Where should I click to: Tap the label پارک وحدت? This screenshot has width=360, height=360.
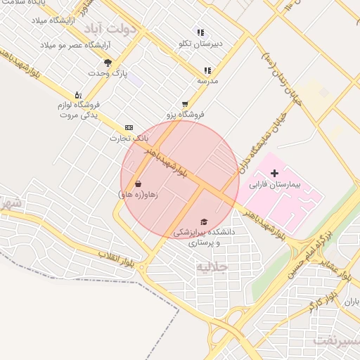pyautogui.click(x=106, y=73)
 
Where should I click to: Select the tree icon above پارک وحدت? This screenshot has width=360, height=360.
pyautogui.click(x=108, y=63)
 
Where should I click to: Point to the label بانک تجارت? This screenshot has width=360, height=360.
pyautogui.click(x=127, y=139)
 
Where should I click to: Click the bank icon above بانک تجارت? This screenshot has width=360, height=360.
pyautogui.click(x=128, y=127)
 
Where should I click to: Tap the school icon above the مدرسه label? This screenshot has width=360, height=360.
pyautogui.click(x=207, y=70)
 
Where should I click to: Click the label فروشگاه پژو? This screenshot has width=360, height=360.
pyautogui.click(x=185, y=114)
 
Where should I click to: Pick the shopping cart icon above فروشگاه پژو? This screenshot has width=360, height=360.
pyautogui.click(x=185, y=103)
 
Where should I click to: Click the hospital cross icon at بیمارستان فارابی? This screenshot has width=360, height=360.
pyautogui.click(x=274, y=173)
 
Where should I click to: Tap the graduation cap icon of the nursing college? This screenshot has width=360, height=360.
pyautogui.click(x=204, y=221)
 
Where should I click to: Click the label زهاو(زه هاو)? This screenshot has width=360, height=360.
pyautogui.click(x=138, y=194)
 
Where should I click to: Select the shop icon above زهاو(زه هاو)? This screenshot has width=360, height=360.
pyautogui.click(x=138, y=184)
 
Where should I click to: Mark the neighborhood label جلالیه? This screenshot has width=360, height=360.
pyautogui.click(x=212, y=267)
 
